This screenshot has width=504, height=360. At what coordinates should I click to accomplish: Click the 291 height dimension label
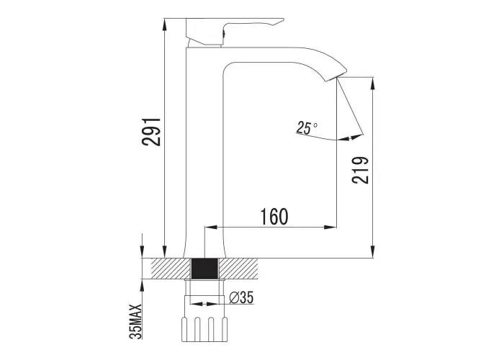150,132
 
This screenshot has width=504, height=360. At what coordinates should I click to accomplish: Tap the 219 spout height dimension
360,170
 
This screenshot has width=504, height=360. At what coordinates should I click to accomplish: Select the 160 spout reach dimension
274,216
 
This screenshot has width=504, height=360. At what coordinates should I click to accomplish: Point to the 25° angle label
306,127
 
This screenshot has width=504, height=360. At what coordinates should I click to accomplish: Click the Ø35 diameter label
241,297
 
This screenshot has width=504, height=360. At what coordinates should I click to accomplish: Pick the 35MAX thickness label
135,321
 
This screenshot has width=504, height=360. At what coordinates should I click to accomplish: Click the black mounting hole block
205,269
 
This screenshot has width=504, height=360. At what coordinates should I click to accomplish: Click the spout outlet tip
337,77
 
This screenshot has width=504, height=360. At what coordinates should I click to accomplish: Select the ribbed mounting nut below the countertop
204,329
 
